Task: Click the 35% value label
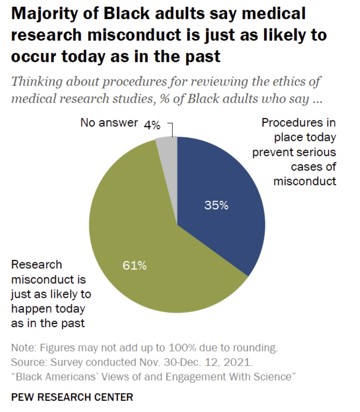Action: tap(216, 206)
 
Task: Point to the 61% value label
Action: tap(134, 265)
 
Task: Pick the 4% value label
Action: tap(152, 125)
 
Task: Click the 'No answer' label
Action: tap(109, 123)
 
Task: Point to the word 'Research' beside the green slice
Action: tap(37, 265)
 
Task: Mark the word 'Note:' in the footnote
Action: tap(23, 347)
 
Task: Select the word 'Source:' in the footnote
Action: tap(27, 363)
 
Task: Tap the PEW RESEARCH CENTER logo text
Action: tap(72, 398)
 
